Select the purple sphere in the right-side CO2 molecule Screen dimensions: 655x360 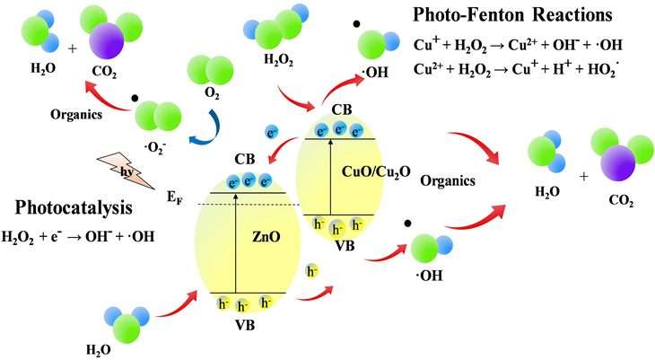613,165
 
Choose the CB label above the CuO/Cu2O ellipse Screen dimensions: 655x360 341,110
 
